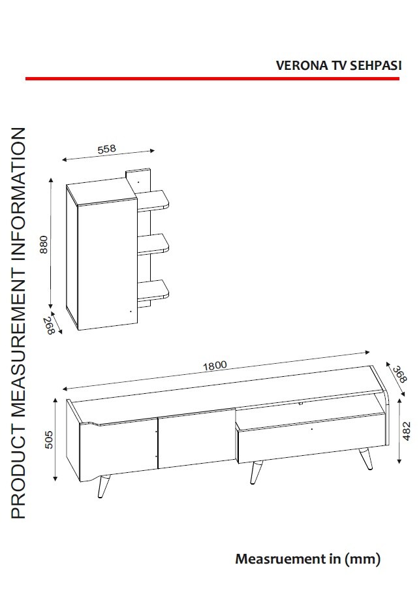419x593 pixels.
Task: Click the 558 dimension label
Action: pos(106,149)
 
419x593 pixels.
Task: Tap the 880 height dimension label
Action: pos(44,244)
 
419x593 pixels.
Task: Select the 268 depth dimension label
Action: pos(50,325)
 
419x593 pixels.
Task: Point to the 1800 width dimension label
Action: pos(215,366)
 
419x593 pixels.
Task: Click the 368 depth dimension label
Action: pos(399,374)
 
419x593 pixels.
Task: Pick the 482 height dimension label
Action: pos(406,431)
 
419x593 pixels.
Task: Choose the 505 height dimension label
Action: pos(49,440)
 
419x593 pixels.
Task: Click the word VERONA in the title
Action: pos(302,65)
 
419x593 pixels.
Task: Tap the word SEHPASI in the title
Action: pos(375,65)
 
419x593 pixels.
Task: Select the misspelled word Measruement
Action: pos(279,558)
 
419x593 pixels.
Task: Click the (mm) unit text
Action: pos(362,559)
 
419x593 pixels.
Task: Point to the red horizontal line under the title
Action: pos(212,78)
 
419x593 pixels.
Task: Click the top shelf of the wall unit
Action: pos(152,200)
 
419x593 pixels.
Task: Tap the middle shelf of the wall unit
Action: pos(153,244)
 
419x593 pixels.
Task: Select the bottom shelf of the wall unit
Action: pos(153,290)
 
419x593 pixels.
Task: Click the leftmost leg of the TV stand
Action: pos(103,486)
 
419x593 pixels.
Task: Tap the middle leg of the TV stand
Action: pos(256,472)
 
